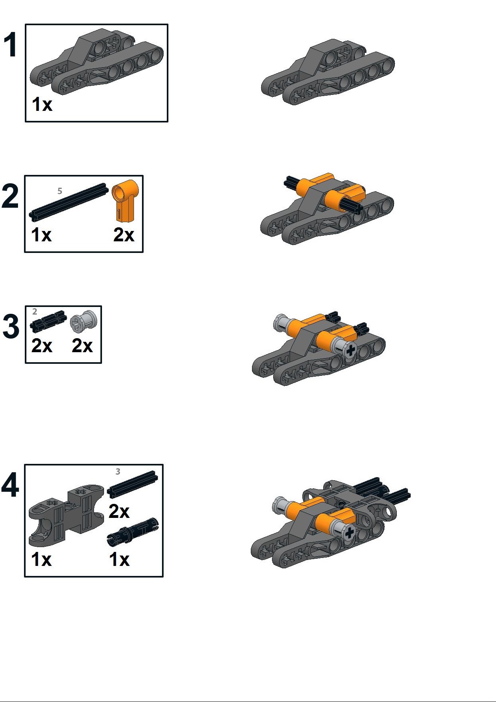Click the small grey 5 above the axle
[x=60, y=191]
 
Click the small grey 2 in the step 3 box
[x=35, y=311]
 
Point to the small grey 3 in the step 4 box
[x=118, y=471]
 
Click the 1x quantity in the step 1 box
[x=42, y=104]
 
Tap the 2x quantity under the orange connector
[x=124, y=235]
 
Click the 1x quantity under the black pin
[x=120, y=559]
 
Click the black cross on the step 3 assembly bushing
[x=350, y=350]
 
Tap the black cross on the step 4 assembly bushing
[x=349, y=532]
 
